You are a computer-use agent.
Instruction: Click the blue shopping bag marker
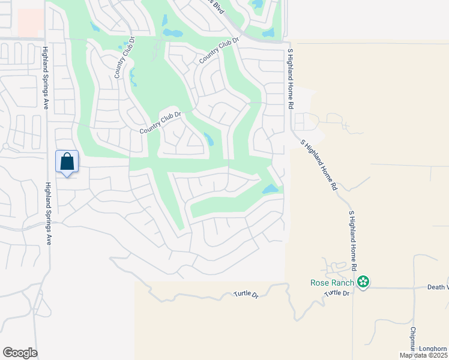pyautogui.click(x=67, y=162)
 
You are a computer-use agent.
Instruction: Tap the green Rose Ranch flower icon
pyautogui.click(x=363, y=281)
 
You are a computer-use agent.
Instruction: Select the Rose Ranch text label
pyautogui.click(x=333, y=283)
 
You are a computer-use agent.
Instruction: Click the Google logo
pyautogui.click(x=20, y=353)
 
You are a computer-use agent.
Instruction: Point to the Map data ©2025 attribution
pyautogui.click(x=424, y=355)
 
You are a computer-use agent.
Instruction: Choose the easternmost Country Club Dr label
pyautogui.click(x=219, y=50)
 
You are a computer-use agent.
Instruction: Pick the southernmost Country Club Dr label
pyautogui.click(x=160, y=124)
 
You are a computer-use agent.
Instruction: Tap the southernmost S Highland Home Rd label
pyautogui.click(x=354, y=239)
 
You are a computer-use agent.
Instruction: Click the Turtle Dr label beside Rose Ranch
pyautogui.click(x=337, y=293)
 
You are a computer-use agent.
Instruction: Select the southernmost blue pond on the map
pyautogui.click(x=270, y=190)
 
